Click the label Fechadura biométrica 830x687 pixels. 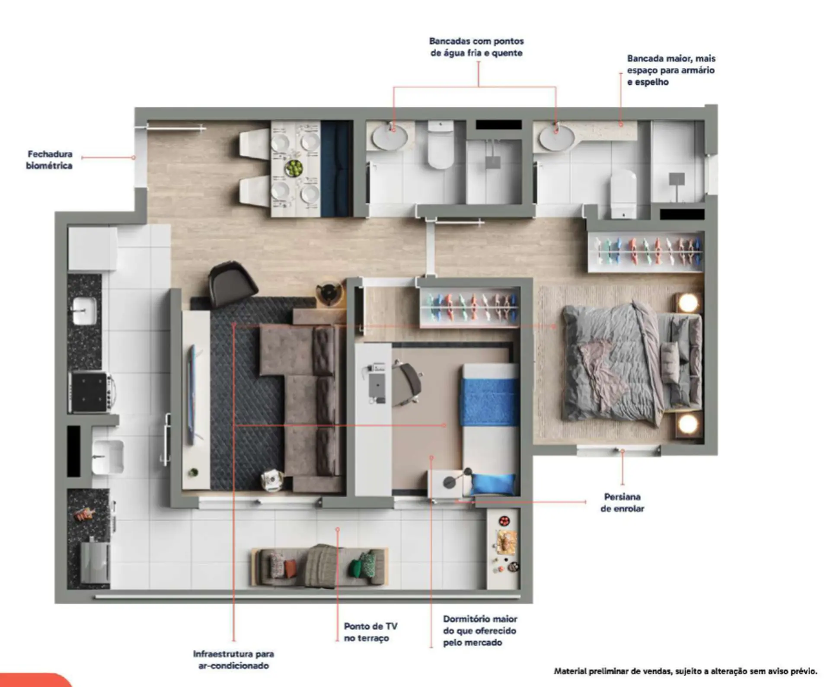coord(49,160)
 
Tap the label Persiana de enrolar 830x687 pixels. coord(622,502)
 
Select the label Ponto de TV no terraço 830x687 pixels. coord(370,632)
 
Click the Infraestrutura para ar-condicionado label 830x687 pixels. coord(233,660)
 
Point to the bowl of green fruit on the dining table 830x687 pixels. coord(294,168)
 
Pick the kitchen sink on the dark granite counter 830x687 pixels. coord(84,310)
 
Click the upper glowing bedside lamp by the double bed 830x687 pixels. coord(688,303)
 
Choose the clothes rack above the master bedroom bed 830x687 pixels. coord(645,252)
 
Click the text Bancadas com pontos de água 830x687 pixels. coord(476,47)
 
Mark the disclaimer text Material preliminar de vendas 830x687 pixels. coord(686,671)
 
